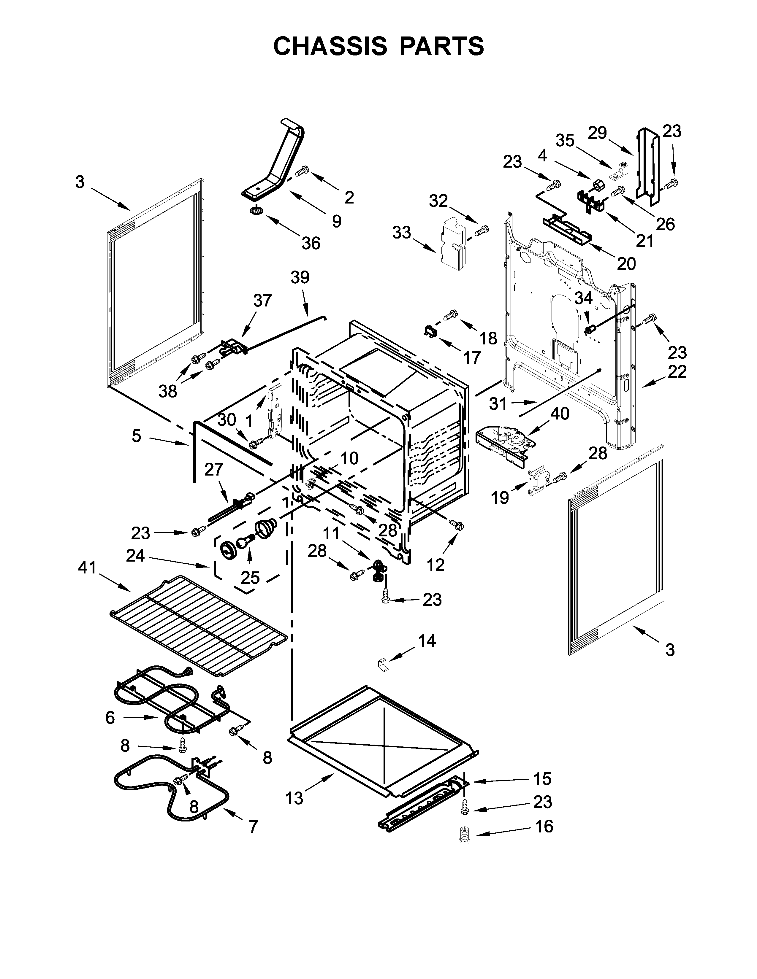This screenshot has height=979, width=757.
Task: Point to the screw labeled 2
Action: [x=303, y=170]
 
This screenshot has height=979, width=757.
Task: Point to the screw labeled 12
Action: [x=458, y=525]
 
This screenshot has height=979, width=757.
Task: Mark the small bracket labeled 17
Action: [x=431, y=333]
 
